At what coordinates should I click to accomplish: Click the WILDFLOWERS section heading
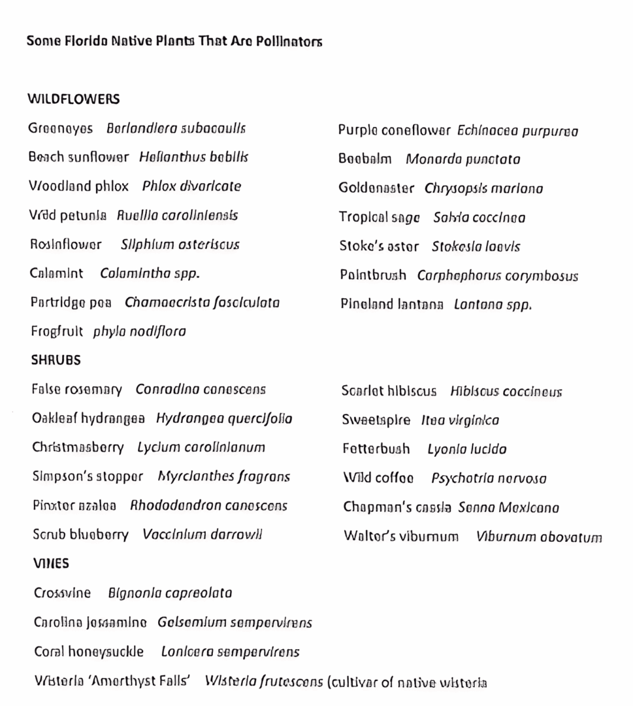73,99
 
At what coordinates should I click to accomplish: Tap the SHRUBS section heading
56,360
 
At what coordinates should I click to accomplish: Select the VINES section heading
51,563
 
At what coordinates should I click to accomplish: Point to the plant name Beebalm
365,160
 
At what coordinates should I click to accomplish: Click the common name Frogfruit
57,331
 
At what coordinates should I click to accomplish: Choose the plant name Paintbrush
372,275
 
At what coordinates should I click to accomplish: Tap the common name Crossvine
62,593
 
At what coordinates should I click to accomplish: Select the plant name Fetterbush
376,449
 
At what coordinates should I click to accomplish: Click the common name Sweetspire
376,420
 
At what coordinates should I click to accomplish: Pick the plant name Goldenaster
376,188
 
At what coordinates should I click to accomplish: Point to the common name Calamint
56,273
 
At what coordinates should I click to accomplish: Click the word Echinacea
488,131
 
